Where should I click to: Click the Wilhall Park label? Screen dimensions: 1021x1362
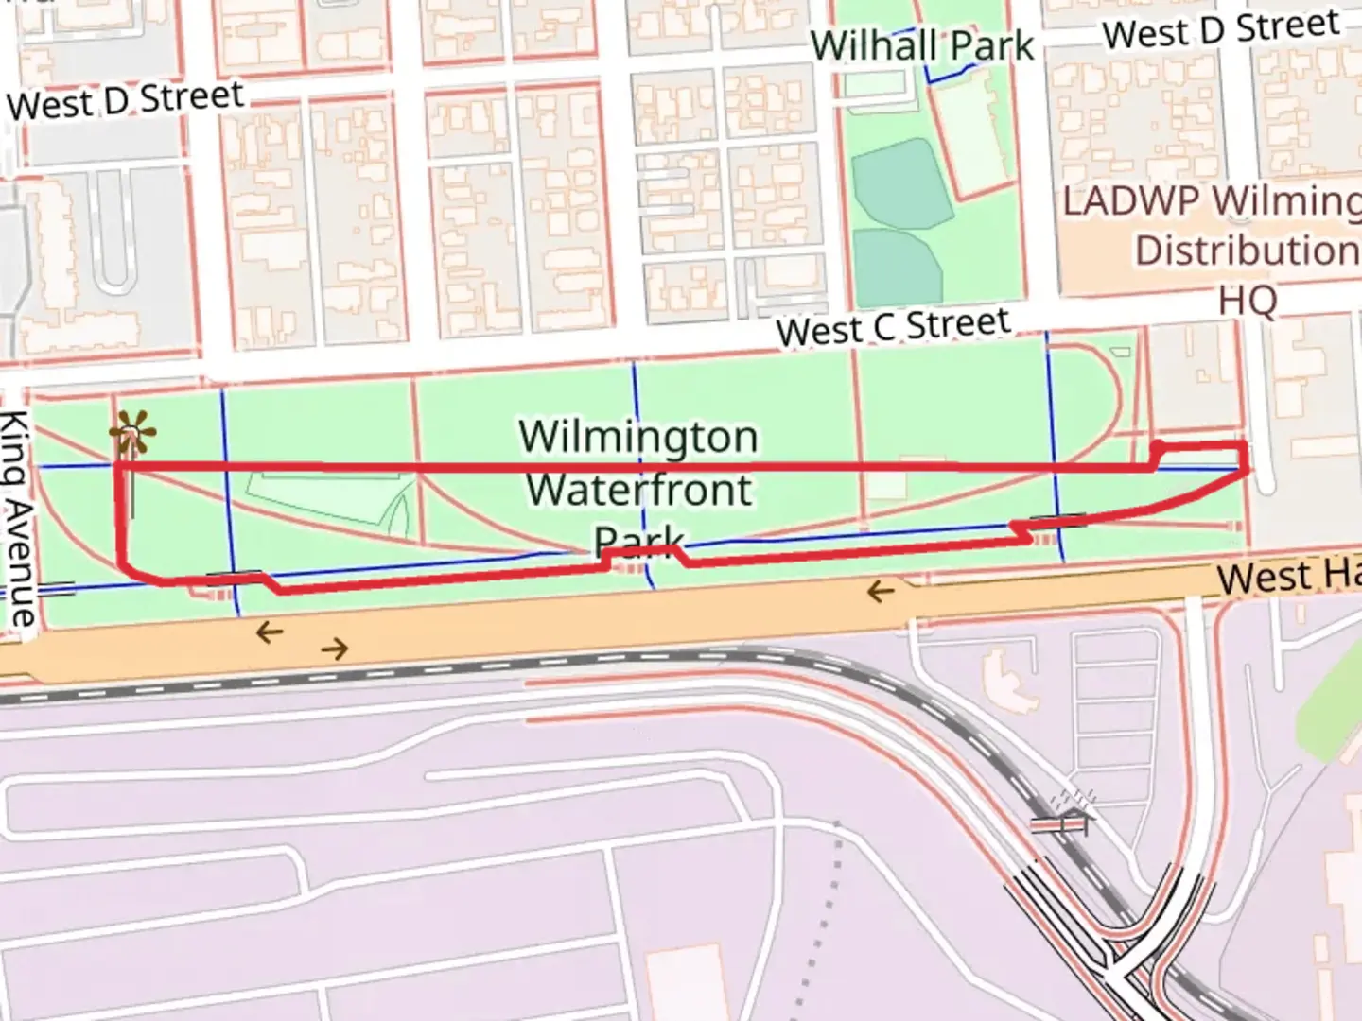click(922, 45)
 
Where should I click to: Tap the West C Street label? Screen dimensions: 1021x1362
click(893, 327)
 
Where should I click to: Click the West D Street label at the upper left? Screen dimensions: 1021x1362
click(126, 100)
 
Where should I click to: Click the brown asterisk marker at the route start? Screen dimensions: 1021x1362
click(132, 435)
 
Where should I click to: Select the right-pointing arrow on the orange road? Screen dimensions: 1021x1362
click(335, 649)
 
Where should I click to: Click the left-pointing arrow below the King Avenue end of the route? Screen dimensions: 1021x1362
click(270, 632)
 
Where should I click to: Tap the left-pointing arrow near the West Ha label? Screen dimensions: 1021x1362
click(881, 593)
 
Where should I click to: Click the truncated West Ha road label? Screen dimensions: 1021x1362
click(1286, 576)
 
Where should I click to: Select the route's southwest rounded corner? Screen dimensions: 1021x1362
click(128, 567)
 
